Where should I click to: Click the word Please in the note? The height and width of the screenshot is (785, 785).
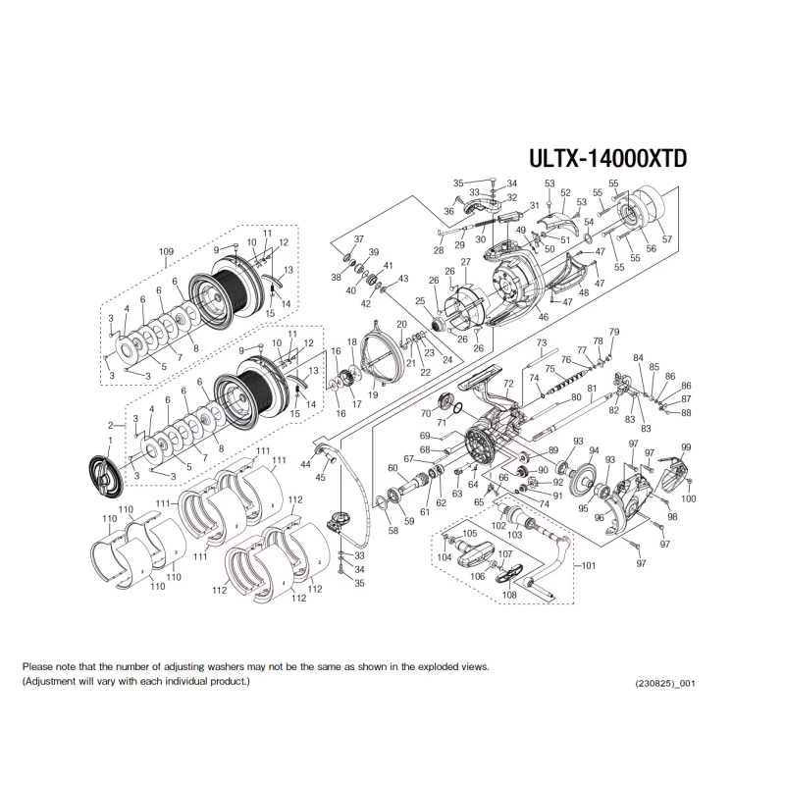(x=38, y=666)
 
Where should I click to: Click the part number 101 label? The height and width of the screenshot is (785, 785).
(x=588, y=565)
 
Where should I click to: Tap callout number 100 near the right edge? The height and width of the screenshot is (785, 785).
(x=689, y=498)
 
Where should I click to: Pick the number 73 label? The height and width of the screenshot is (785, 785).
(x=541, y=341)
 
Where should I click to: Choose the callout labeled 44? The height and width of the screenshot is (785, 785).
(x=305, y=463)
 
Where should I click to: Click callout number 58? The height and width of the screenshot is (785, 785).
(x=393, y=531)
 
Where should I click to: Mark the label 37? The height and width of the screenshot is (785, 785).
(x=358, y=240)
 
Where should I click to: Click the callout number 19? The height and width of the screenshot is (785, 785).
(x=373, y=394)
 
